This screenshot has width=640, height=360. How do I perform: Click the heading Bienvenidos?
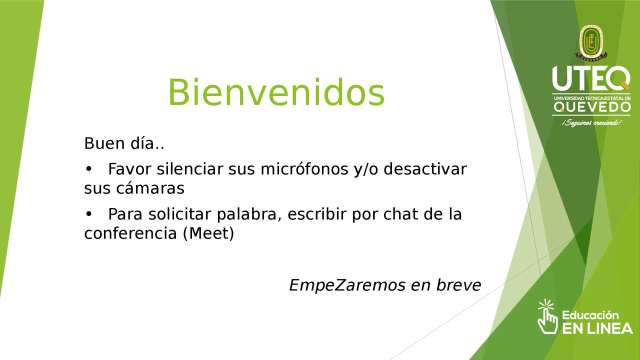[x=276, y=92]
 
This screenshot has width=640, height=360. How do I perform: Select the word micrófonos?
[x=304, y=169]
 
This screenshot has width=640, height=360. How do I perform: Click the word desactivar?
[x=425, y=169]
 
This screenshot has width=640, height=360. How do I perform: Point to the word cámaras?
[x=150, y=188]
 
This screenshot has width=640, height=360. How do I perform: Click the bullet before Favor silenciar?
[x=89, y=169]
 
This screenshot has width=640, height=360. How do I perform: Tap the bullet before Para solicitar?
[x=89, y=214]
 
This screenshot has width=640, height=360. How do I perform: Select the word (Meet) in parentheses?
[x=208, y=233]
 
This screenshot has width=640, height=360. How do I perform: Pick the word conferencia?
[x=130, y=233]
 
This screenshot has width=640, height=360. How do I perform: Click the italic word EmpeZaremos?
[x=347, y=285]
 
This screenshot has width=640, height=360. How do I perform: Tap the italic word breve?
[x=458, y=285]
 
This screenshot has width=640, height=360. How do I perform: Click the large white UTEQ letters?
[x=591, y=78]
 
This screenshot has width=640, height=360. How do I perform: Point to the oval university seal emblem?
[x=591, y=43]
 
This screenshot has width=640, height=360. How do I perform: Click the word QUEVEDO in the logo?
[x=592, y=107]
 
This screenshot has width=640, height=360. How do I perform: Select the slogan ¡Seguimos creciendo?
[x=591, y=123]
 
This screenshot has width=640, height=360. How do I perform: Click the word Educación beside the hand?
[x=590, y=315]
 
